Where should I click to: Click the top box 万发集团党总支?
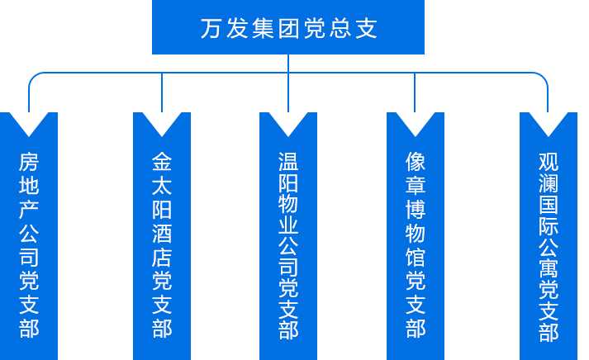pyautogui.click(x=288, y=27)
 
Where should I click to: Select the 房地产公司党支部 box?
pyautogui.click(x=29, y=235)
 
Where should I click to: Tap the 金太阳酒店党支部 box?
pyautogui.click(x=161, y=235)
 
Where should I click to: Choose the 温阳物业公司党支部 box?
pyautogui.click(x=287, y=235)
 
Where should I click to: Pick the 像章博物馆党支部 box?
pyautogui.click(x=415, y=235)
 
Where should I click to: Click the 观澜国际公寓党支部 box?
pyautogui.click(x=548, y=235)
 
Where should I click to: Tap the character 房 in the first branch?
pyautogui.click(x=29, y=161)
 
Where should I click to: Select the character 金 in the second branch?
pyautogui.click(x=162, y=160)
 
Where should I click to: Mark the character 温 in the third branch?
pyautogui.click(x=288, y=160)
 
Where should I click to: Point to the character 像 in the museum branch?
pyautogui.click(x=416, y=160)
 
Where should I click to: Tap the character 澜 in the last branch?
pyautogui.click(x=549, y=182)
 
